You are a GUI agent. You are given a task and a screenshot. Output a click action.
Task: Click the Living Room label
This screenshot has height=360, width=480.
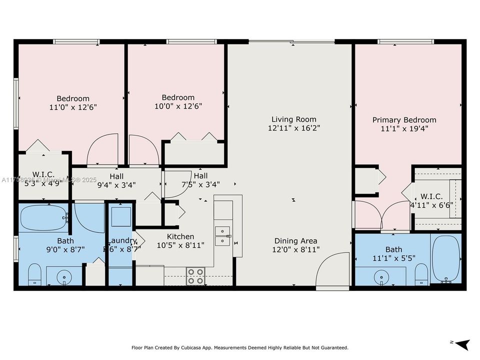(294, 119)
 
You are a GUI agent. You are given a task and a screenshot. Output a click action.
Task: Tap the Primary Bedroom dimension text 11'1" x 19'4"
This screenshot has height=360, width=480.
(404, 128)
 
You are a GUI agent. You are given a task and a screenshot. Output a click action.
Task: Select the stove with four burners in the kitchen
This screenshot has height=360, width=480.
(195, 276)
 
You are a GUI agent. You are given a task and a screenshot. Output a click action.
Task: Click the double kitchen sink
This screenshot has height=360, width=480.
(222, 236)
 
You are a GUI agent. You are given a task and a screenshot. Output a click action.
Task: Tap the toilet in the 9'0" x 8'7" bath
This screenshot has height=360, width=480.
(34, 274)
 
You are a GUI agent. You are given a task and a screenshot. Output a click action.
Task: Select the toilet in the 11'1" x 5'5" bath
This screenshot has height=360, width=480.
(421, 273)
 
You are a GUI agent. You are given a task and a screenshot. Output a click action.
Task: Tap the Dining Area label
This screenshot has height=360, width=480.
(295, 240)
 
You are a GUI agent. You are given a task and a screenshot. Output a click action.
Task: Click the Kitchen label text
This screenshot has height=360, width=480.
(180, 236)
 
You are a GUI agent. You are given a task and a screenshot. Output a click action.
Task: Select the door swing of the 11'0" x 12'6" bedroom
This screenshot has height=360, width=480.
(102, 150)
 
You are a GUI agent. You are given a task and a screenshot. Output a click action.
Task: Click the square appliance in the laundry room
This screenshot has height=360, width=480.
(121, 216)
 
